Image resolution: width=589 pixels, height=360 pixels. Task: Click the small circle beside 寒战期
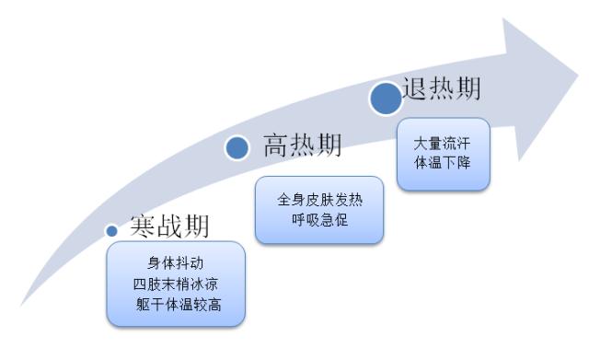point(111,230)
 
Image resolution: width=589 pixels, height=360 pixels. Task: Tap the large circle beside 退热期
point(386,98)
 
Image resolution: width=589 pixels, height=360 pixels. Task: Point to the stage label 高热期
point(302,145)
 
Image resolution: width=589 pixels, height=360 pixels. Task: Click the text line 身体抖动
point(175,263)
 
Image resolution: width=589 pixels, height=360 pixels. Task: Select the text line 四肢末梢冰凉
point(175,284)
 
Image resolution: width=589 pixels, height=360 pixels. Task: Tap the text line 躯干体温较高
point(175,304)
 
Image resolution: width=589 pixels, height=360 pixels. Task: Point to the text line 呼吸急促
point(318,222)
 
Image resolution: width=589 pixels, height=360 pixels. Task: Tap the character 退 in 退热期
point(415,90)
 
